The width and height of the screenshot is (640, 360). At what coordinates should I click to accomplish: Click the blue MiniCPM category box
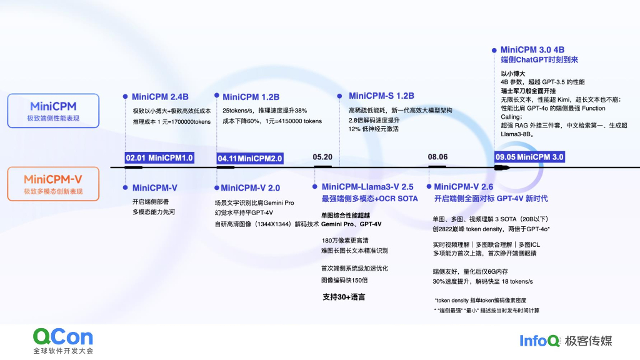(x=53, y=111)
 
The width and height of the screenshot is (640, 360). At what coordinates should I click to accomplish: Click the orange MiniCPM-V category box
(x=53, y=184)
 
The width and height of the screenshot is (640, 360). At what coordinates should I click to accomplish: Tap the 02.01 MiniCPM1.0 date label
(x=159, y=157)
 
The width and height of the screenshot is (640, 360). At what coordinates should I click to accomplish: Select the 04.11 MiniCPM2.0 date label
(x=250, y=157)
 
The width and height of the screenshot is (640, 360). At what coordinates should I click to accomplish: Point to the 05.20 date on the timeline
(x=322, y=157)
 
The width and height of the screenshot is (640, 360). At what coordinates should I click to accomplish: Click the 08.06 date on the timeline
(x=437, y=157)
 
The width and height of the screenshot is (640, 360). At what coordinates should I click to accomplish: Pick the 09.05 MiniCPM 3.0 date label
(x=529, y=157)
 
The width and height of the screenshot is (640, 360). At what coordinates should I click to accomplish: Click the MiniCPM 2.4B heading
(x=160, y=97)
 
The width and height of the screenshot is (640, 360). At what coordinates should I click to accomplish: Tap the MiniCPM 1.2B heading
(x=251, y=97)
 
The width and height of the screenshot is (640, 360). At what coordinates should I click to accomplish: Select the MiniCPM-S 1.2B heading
(x=381, y=96)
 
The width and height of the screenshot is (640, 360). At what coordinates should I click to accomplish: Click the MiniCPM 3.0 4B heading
(x=532, y=49)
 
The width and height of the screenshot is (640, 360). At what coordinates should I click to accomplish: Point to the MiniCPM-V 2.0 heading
(x=250, y=187)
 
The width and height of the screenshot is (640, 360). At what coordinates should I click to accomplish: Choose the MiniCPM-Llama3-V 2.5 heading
(x=367, y=187)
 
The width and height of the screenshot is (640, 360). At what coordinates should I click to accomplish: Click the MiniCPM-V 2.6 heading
(x=463, y=187)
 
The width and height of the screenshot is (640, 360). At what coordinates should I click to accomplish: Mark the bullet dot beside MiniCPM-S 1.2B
(x=340, y=96)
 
